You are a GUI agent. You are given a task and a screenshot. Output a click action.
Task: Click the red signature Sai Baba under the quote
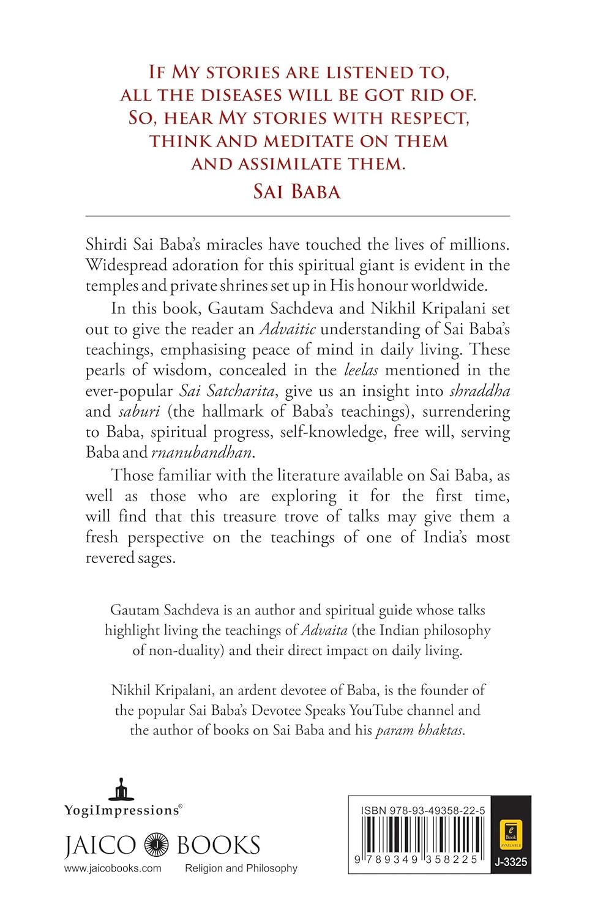pos(297,192)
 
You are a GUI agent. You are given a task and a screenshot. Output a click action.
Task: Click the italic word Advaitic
pos(287,329)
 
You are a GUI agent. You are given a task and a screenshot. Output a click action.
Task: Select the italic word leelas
pos(361,370)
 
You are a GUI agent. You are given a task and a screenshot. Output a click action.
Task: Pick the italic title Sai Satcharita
pos(227,391)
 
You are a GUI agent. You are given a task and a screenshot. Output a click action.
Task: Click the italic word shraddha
pos(479,391)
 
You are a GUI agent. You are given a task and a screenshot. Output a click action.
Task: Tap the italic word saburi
pos(139,412)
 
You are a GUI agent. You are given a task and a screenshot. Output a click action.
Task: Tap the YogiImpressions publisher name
pos(122,810)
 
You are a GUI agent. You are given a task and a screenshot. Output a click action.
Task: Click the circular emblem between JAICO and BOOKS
pos(157,845)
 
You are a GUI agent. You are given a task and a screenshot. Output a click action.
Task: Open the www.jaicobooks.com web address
pos(113,868)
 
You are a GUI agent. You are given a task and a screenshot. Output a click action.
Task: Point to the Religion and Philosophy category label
pos(241,868)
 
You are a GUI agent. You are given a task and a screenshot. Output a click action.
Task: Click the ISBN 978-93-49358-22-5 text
pos(423,810)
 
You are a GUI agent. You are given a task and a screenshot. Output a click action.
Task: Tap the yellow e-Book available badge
pos(511,834)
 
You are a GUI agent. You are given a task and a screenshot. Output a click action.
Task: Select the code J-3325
pos(511,862)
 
